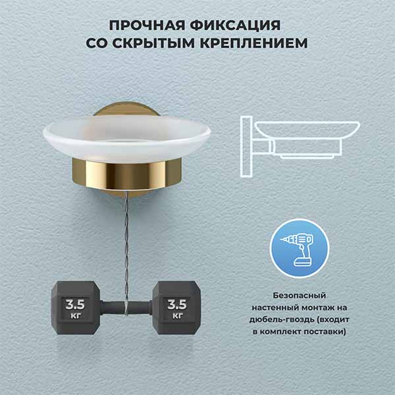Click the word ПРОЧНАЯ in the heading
[147, 25]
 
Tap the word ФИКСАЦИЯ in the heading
[235, 25]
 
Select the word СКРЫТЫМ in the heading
[153, 43]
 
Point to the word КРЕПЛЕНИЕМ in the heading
[253, 43]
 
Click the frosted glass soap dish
[126, 138]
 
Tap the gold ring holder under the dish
[126, 174]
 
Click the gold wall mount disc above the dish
[126, 109]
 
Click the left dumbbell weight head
[75, 307]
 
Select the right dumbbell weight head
[177, 307]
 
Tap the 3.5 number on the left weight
[75, 305]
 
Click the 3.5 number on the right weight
[177, 305]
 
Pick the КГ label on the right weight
[177, 315]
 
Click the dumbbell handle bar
[126, 308]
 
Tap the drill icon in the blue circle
[299, 249]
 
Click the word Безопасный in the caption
[300, 296]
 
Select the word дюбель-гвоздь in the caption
[281, 320]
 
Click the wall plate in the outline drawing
[246, 147]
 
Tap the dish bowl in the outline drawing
[307, 130]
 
